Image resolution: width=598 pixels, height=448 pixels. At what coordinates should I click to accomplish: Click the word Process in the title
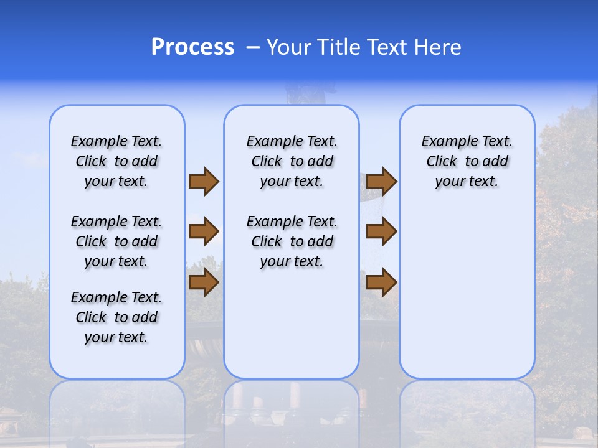(x=192, y=47)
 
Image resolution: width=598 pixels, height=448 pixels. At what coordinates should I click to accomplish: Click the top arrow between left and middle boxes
(x=204, y=181)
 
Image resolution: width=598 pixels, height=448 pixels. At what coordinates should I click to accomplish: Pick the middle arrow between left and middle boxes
(x=204, y=232)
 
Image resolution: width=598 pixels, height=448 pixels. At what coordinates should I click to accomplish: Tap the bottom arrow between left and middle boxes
(x=204, y=282)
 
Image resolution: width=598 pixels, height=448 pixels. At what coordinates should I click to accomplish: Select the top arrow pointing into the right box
(x=381, y=181)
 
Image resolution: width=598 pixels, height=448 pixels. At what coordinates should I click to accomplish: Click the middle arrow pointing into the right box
(x=381, y=232)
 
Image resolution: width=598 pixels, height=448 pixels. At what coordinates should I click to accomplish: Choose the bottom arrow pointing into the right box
(x=381, y=282)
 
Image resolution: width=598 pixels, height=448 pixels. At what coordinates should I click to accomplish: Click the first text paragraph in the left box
(x=116, y=161)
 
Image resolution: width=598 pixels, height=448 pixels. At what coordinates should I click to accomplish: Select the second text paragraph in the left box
(x=116, y=241)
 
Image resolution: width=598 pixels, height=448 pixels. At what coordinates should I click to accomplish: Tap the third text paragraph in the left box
(x=116, y=317)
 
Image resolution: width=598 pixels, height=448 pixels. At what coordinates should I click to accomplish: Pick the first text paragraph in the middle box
(x=292, y=161)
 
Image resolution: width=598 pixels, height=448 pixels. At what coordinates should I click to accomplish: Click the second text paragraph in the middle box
(x=292, y=241)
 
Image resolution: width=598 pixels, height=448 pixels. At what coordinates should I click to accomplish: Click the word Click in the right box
(x=442, y=162)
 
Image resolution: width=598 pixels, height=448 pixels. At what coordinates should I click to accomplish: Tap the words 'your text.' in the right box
(x=467, y=182)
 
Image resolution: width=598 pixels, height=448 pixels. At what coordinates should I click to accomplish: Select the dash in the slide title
(x=254, y=47)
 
